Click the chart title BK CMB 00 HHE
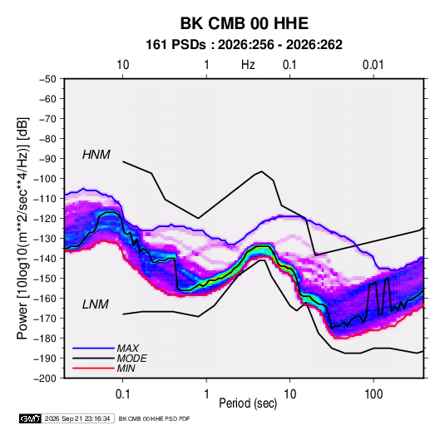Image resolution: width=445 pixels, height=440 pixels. (244, 23)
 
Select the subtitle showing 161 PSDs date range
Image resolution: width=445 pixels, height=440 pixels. (244, 45)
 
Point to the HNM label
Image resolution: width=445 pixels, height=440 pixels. (96, 155)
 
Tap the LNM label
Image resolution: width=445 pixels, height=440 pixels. (96, 304)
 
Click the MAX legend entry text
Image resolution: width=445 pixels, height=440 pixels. (128, 349)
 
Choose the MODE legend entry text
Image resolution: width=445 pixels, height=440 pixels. (131, 358)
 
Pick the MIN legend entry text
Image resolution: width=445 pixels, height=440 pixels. (126, 368)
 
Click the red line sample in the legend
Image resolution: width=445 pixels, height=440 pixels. (93, 368)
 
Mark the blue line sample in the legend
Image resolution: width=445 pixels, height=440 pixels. (93, 349)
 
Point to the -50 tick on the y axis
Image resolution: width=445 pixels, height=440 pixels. (47, 79)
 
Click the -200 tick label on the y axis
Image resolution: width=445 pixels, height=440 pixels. (45, 378)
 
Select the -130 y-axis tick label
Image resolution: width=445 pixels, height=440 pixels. (45, 239)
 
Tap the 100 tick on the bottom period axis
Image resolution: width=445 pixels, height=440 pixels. (373, 394)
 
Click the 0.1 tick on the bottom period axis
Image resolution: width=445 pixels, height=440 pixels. (122, 394)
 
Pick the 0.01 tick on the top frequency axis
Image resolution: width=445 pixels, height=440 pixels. (373, 65)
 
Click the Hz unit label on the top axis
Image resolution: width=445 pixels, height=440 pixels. (248, 65)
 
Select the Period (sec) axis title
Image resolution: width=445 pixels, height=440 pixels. (248, 403)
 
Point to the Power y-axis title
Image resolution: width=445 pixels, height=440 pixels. (22, 229)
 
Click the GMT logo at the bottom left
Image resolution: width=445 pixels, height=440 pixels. (31, 418)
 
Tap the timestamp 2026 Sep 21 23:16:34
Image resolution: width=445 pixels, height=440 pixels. (77, 418)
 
